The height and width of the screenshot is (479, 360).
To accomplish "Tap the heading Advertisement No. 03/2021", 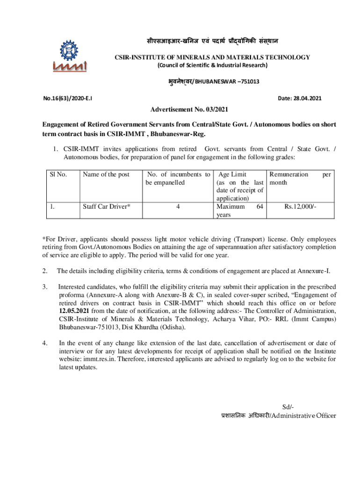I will (189, 110).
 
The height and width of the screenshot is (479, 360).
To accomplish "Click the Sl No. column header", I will (58, 174).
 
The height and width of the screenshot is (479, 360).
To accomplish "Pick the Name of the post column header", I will (106, 174).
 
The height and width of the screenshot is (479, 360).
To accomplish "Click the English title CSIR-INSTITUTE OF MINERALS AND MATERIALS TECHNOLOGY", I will (212, 57).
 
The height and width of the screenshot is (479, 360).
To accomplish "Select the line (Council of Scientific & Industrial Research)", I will (212, 65).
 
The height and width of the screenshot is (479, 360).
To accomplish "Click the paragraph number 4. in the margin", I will (45, 342).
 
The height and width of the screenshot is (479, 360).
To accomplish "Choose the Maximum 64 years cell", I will (239, 210).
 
